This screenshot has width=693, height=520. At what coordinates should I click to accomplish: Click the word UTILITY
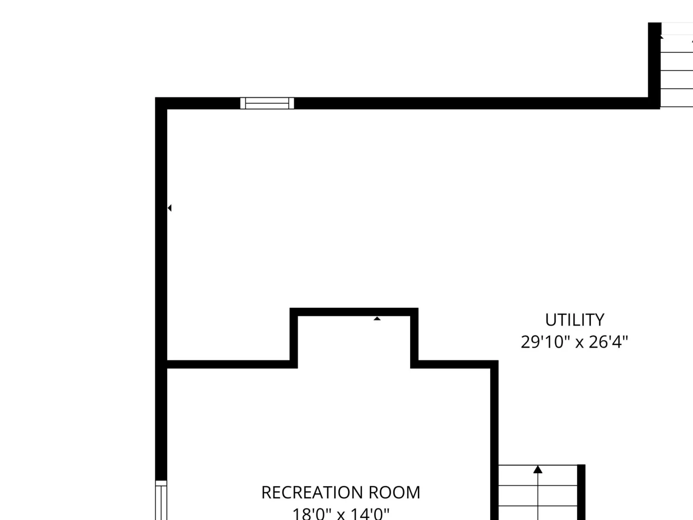575,320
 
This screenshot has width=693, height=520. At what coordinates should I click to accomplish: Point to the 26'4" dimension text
609,342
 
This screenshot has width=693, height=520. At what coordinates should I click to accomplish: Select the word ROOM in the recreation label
394,493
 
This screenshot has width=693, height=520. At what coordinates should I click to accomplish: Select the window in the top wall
267,103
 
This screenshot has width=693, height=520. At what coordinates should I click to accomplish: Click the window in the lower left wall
161,500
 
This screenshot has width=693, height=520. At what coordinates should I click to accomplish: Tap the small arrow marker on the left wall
169,208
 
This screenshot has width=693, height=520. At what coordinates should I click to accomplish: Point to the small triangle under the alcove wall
377,318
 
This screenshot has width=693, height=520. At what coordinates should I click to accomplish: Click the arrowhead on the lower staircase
538,469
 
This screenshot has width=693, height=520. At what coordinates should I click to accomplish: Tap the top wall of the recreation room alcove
354,312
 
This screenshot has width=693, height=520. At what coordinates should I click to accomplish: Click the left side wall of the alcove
294,338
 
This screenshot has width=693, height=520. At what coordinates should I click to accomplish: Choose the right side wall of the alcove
415,338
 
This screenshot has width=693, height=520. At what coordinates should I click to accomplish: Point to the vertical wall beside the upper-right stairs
654,66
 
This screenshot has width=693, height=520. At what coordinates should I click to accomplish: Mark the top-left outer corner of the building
155,97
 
